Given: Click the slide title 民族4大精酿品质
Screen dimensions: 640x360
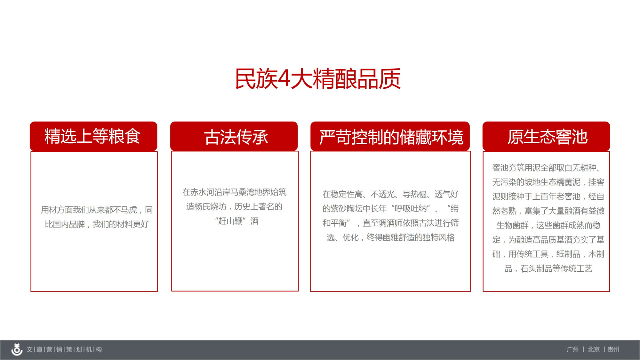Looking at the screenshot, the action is tap(318, 79).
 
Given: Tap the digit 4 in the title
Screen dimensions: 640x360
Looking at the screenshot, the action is tap(284, 79).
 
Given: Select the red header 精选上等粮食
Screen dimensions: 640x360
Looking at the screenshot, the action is tap(93, 136).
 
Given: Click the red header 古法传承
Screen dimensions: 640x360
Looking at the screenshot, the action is tap(234, 136).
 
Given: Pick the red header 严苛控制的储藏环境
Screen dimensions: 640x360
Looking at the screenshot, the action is tap(390, 136).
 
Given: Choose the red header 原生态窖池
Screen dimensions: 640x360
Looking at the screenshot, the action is tap(546, 136).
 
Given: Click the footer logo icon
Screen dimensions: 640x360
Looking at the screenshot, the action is tap(17, 349).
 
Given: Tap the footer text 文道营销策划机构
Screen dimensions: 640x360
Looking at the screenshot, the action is tap(64, 349).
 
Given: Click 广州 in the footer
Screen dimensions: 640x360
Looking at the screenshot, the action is tap(573, 349).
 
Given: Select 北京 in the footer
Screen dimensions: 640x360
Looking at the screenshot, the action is tap(594, 349).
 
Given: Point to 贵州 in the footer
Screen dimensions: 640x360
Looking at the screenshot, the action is tap(613, 349).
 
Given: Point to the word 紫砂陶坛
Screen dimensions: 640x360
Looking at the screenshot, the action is tap(347, 209).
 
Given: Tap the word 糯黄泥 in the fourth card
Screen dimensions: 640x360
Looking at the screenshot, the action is tap(568, 182).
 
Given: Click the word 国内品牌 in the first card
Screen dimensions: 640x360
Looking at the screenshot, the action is tap(69, 224).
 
